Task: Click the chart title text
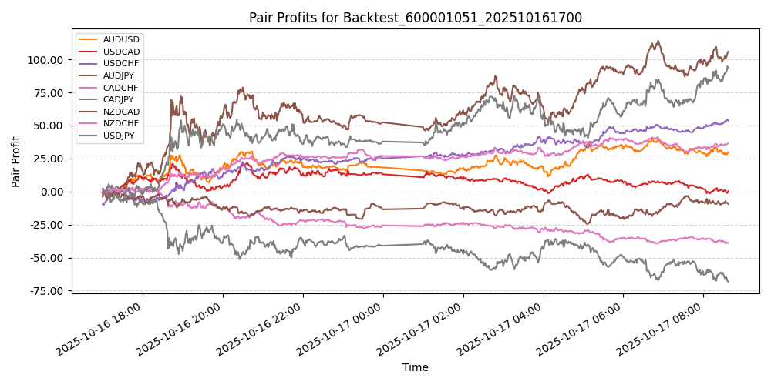tap(415, 18)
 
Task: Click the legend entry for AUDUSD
tap(121, 39)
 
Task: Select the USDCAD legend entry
tap(121, 52)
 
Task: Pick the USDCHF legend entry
tap(121, 64)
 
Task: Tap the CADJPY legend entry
tap(121, 100)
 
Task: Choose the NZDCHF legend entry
tap(121, 124)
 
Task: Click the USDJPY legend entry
tap(121, 136)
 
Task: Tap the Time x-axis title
tap(415, 368)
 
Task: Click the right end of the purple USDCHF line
tap(728, 120)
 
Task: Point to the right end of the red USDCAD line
tap(728, 191)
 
